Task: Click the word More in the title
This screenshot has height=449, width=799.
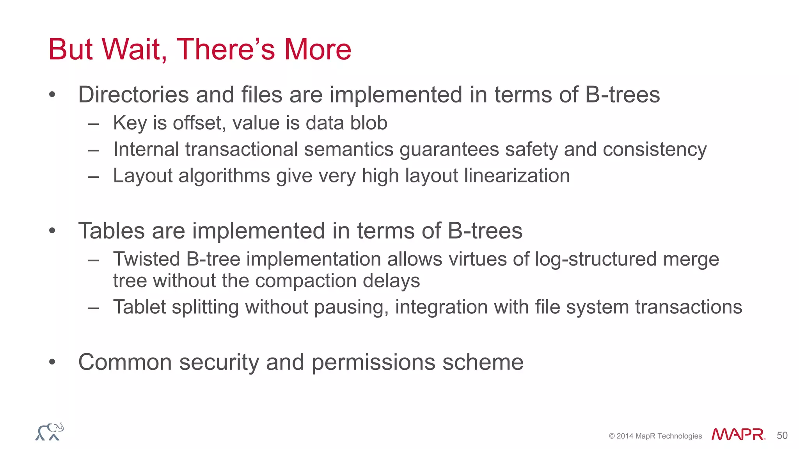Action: [318, 49]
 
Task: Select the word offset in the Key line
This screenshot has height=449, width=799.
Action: [199, 123]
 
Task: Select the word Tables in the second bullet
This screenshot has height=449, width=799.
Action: [112, 231]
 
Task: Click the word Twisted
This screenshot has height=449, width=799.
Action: [147, 259]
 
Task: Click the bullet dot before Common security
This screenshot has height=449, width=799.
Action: [52, 362]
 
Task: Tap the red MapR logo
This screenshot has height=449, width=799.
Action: [737, 435]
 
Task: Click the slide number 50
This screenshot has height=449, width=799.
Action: [782, 435]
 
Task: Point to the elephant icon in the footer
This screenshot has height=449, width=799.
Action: [50, 432]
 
